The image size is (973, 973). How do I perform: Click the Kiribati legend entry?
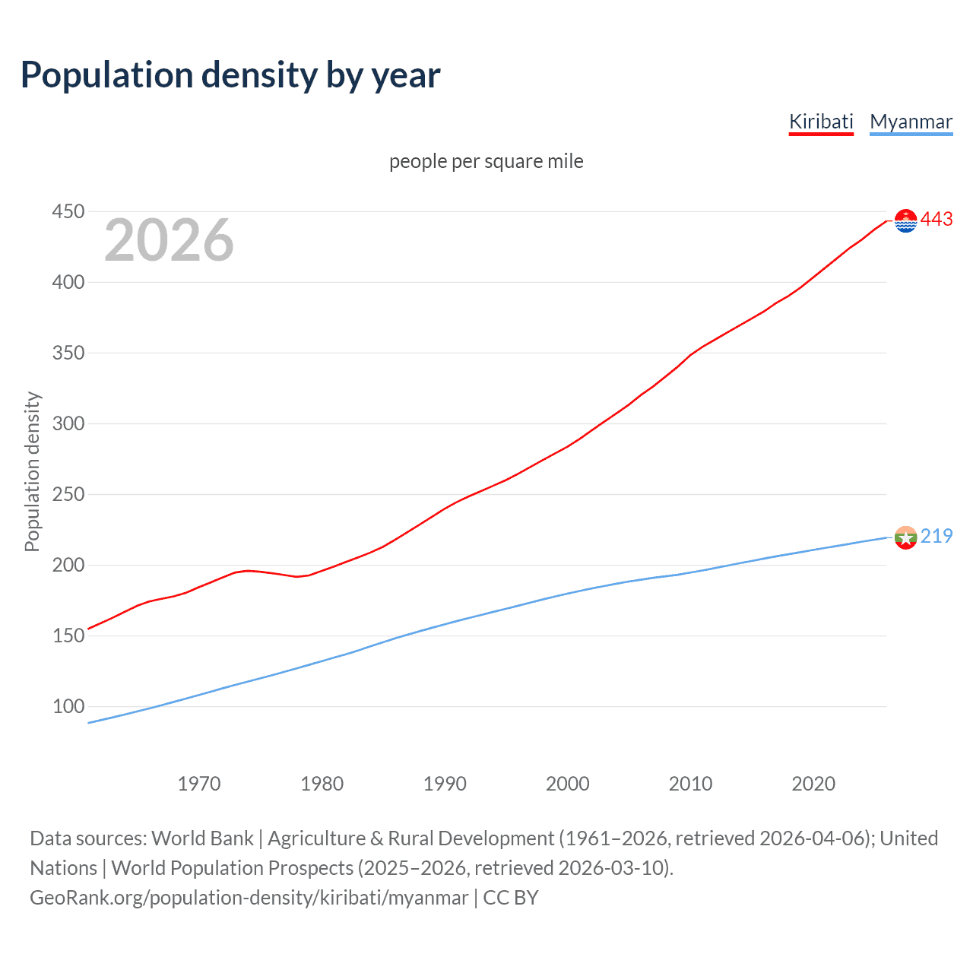pyautogui.click(x=821, y=122)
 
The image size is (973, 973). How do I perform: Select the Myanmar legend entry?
pyautogui.click(x=911, y=122)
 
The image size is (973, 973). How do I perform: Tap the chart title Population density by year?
pyautogui.click(x=230, y=75)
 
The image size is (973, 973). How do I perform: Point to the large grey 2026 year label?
pyautogui.click(x=169, y=240)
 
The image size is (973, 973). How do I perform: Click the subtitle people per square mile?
pyautogui.click(x=486, y=161)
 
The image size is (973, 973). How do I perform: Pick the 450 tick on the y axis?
pyautogui.click(x=68, y=211)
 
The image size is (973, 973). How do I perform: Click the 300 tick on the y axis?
pyautogui.click(x=68, y=423)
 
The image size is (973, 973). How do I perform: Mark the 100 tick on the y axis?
pyautogui.click(x=68, y=706)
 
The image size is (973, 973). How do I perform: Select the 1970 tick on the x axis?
pyautogui.click(x=199, y=784)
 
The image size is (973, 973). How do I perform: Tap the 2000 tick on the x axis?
pyautogui.click(x=568, y=784)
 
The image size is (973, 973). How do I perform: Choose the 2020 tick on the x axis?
pyautogui.click(x=813, y=784)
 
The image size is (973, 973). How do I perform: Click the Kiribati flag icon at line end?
pyautogui.click(x=905, y=220)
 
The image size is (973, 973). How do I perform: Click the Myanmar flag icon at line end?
pyautogui.click(x=905, y=537)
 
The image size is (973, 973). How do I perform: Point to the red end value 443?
pyautogui.click(x=937, y=220)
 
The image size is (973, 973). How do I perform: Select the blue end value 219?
pyautogui.click(x=937, y=536)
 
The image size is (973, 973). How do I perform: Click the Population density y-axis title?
pyautogui.click(x=32, y=471)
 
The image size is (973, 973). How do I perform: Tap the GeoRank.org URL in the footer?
pyautogui.click(x=249, y=898)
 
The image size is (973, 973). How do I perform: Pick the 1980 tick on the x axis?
pyautogui.click(x=322, y=784)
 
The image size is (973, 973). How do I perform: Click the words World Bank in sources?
pyautogui.click(x=202, y=838)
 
